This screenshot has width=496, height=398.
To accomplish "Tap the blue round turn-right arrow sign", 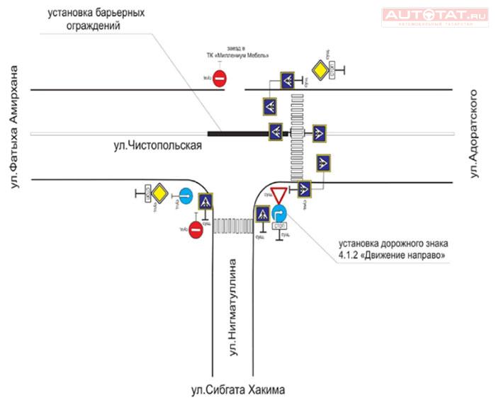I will [280, 212].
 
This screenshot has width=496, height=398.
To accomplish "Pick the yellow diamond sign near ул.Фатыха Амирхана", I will [162, 193].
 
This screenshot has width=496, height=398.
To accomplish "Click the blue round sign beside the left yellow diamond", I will [186, 196].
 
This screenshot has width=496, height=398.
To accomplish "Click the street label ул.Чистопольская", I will [158, 146].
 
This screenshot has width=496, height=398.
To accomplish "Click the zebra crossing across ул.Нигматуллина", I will [233, 224].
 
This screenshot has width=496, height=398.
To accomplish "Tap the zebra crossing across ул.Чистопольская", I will [298, 135].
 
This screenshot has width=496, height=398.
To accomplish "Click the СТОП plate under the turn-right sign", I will [279, 227].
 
